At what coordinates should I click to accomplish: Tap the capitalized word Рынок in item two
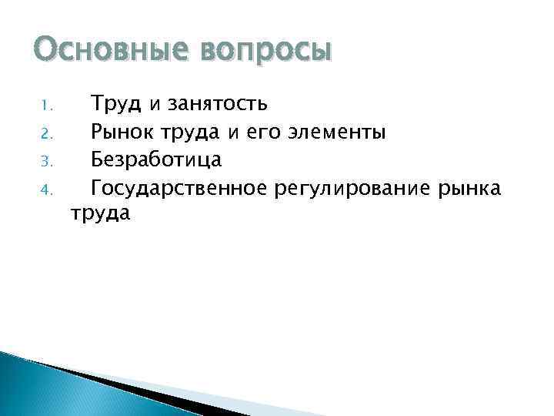pos(123,131)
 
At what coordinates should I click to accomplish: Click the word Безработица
pos(156,159)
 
